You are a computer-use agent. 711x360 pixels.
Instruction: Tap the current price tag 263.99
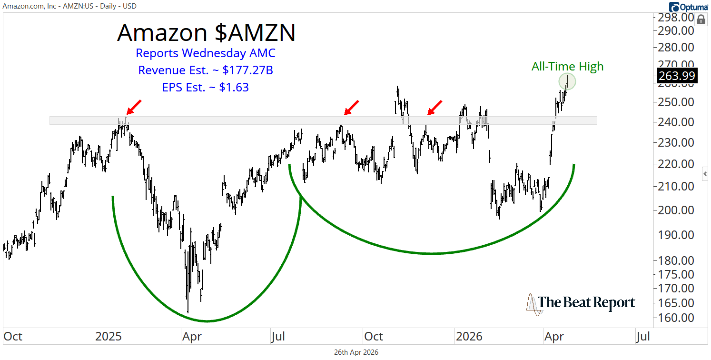(677, 76)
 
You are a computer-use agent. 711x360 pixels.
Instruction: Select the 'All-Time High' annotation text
(567, 67)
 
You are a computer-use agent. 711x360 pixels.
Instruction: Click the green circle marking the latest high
(567, 81)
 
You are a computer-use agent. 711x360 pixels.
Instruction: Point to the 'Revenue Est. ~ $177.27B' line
(206, 70)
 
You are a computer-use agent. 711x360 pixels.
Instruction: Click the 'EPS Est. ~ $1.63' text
(206, 87)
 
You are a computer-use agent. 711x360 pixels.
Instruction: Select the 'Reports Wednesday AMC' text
(206, 53)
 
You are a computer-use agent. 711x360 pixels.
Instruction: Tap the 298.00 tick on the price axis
(676, 17)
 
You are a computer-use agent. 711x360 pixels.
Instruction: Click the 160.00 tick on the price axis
(676, 318)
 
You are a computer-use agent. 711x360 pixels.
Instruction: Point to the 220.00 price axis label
(676, 164)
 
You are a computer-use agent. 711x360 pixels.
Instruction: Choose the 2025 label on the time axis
(109, 337)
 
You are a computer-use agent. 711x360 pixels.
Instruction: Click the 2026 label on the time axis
(469, 337)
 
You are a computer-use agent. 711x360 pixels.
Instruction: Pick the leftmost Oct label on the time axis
(13, 337)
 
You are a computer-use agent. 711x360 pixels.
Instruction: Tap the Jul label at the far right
(643, 337)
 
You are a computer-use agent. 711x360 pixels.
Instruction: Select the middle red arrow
(352, 108)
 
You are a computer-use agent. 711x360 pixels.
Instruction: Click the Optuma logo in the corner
(688, 7)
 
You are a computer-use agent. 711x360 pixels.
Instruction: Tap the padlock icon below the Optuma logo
(701, 20)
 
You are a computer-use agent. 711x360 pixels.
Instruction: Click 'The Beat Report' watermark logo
(581, 303)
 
